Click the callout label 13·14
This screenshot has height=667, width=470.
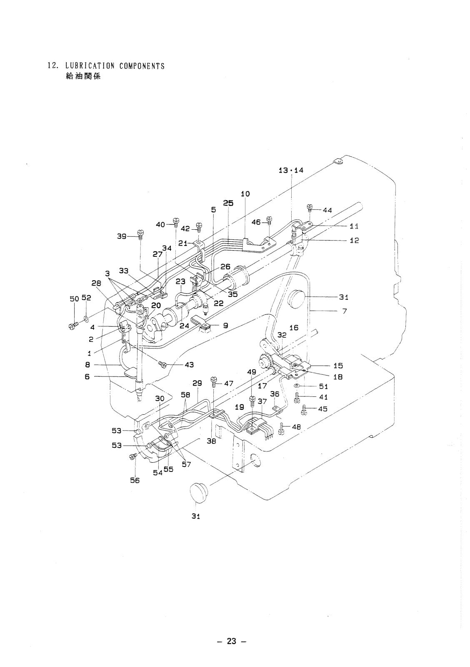click(291, 171)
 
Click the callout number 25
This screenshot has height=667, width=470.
click(228, 203)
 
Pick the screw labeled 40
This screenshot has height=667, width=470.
click(176, 223)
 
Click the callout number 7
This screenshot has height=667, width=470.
click(345, 311)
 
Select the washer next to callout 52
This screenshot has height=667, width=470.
click(86, 319)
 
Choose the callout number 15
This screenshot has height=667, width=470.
click(338, 366)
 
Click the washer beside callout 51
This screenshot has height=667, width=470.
click(297, 386)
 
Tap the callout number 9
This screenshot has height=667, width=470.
click(225, 326)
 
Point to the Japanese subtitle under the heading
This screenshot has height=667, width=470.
click(83, 76)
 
